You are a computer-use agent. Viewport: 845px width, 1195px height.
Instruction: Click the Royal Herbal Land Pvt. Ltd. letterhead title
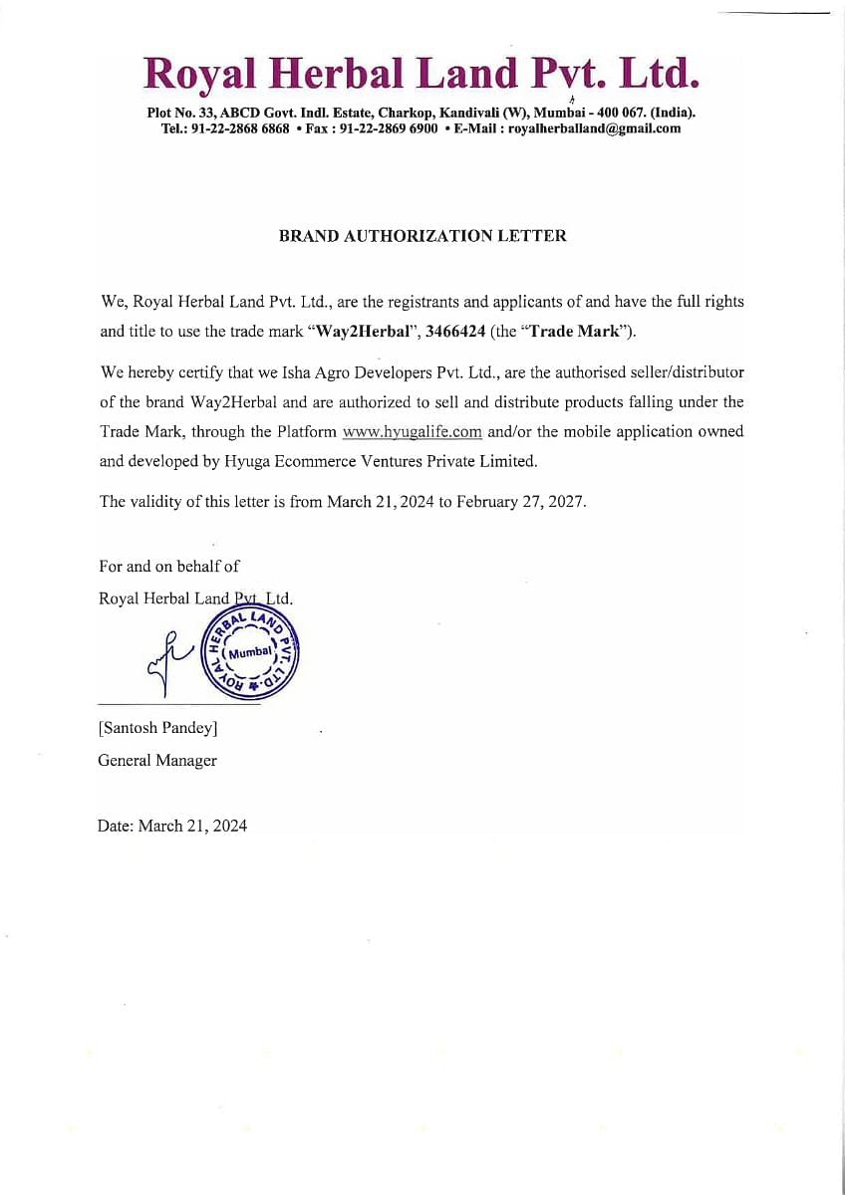pyautogui.click(x=422, y=73)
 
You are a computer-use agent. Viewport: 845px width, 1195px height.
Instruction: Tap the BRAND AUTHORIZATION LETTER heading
pyautogui.click(x=422, y=236)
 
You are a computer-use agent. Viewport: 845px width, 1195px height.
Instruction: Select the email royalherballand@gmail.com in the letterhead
pyautogui.click(x=594, y=128)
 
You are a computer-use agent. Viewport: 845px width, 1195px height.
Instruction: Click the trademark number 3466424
pyautogui.click(x=454, y=332)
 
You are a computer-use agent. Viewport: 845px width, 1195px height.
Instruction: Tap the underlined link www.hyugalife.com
pyautogui.click(x=412, y=432)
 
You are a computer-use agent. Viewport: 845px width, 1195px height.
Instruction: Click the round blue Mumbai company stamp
pyautogui.click(x=250, y=651)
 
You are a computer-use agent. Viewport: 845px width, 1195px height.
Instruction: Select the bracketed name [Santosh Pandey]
pyautogui.click(x=157, y=728)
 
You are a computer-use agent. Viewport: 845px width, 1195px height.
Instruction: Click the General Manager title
pyautogui.click(x=157, y=760)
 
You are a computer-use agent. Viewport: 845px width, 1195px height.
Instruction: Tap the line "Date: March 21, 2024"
pyautogui.click(x=172, y=826)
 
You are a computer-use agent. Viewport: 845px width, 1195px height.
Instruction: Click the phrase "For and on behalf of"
pyautogui.click(x=169, y=566)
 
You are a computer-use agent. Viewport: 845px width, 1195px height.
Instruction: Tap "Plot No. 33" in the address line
pyautogui.click(x=180, y=113)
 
